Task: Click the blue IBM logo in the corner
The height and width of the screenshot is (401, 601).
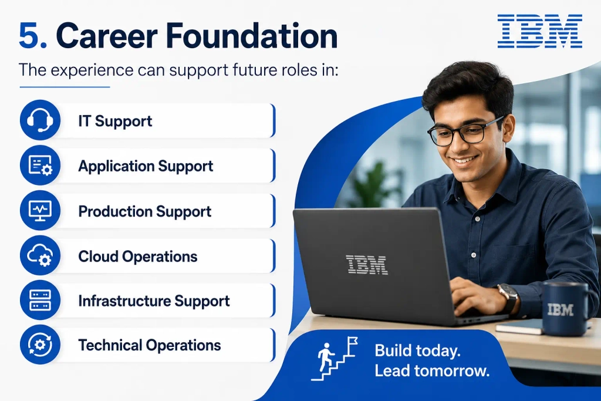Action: tap(540, 31)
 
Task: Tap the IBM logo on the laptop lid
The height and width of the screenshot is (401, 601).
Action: tap(366, 265)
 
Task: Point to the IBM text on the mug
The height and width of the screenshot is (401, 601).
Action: tap(560, 309)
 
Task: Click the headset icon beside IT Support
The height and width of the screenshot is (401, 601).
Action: tap(40, 120)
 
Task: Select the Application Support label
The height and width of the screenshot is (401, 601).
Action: tap(146, 166)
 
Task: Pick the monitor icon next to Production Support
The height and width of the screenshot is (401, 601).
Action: tap(40, 210)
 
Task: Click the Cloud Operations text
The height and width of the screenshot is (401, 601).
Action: tap(137, 257)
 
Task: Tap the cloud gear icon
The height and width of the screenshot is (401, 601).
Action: tap(40, 255)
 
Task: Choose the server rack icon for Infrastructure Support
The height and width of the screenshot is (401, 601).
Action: tap(40, 300)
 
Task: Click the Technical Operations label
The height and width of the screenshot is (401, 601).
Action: tap(150, 345)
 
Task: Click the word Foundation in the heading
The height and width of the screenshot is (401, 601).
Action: tap(251, 35)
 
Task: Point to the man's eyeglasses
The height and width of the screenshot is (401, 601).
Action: tap(464, 131)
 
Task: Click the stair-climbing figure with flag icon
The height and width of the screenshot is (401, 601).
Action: tap(334, 359)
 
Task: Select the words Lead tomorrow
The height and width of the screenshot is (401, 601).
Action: tap(432, 370)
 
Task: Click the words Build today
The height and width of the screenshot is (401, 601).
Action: tap(417, 351)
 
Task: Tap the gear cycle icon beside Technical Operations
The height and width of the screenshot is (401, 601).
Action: tap(40, 345)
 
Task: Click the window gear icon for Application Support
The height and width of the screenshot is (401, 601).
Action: tap(40, 165)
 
